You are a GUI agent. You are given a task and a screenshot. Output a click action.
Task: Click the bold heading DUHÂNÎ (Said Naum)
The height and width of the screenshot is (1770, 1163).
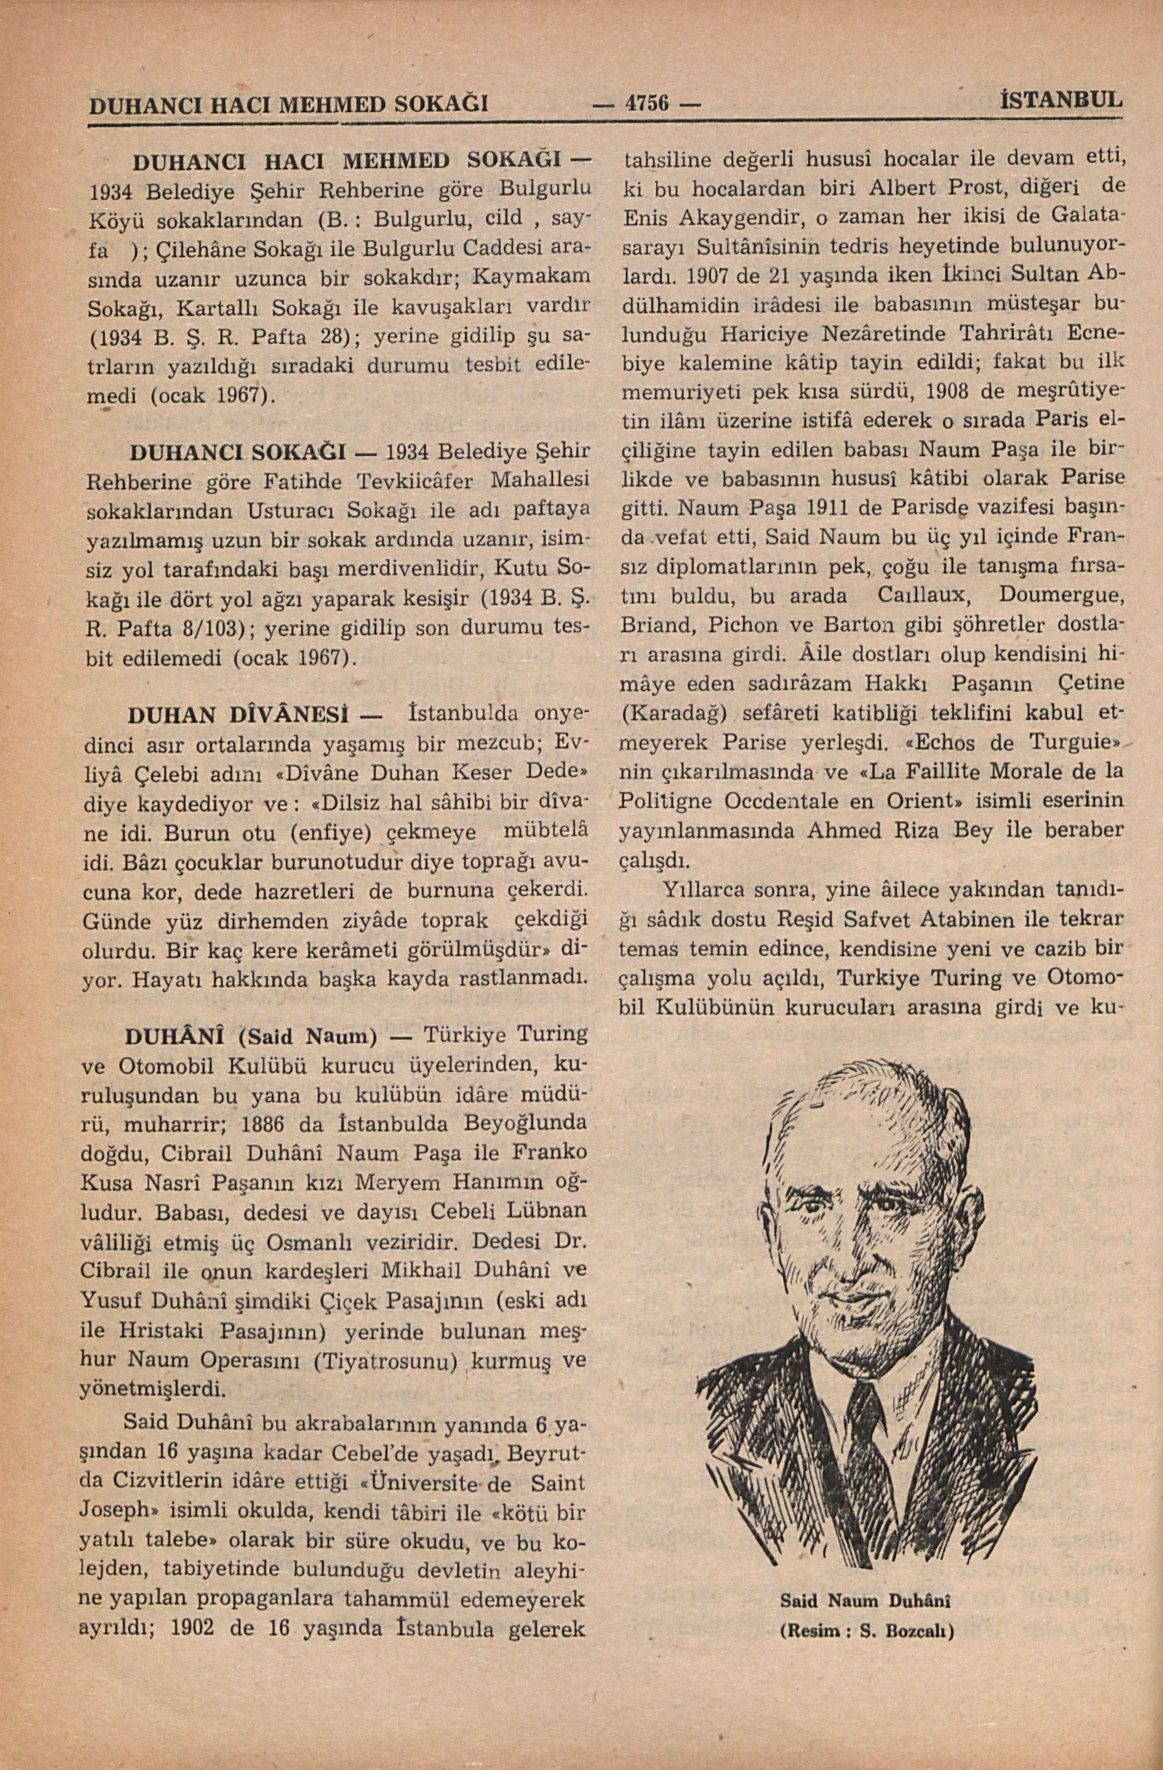(x=252, y=1035)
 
